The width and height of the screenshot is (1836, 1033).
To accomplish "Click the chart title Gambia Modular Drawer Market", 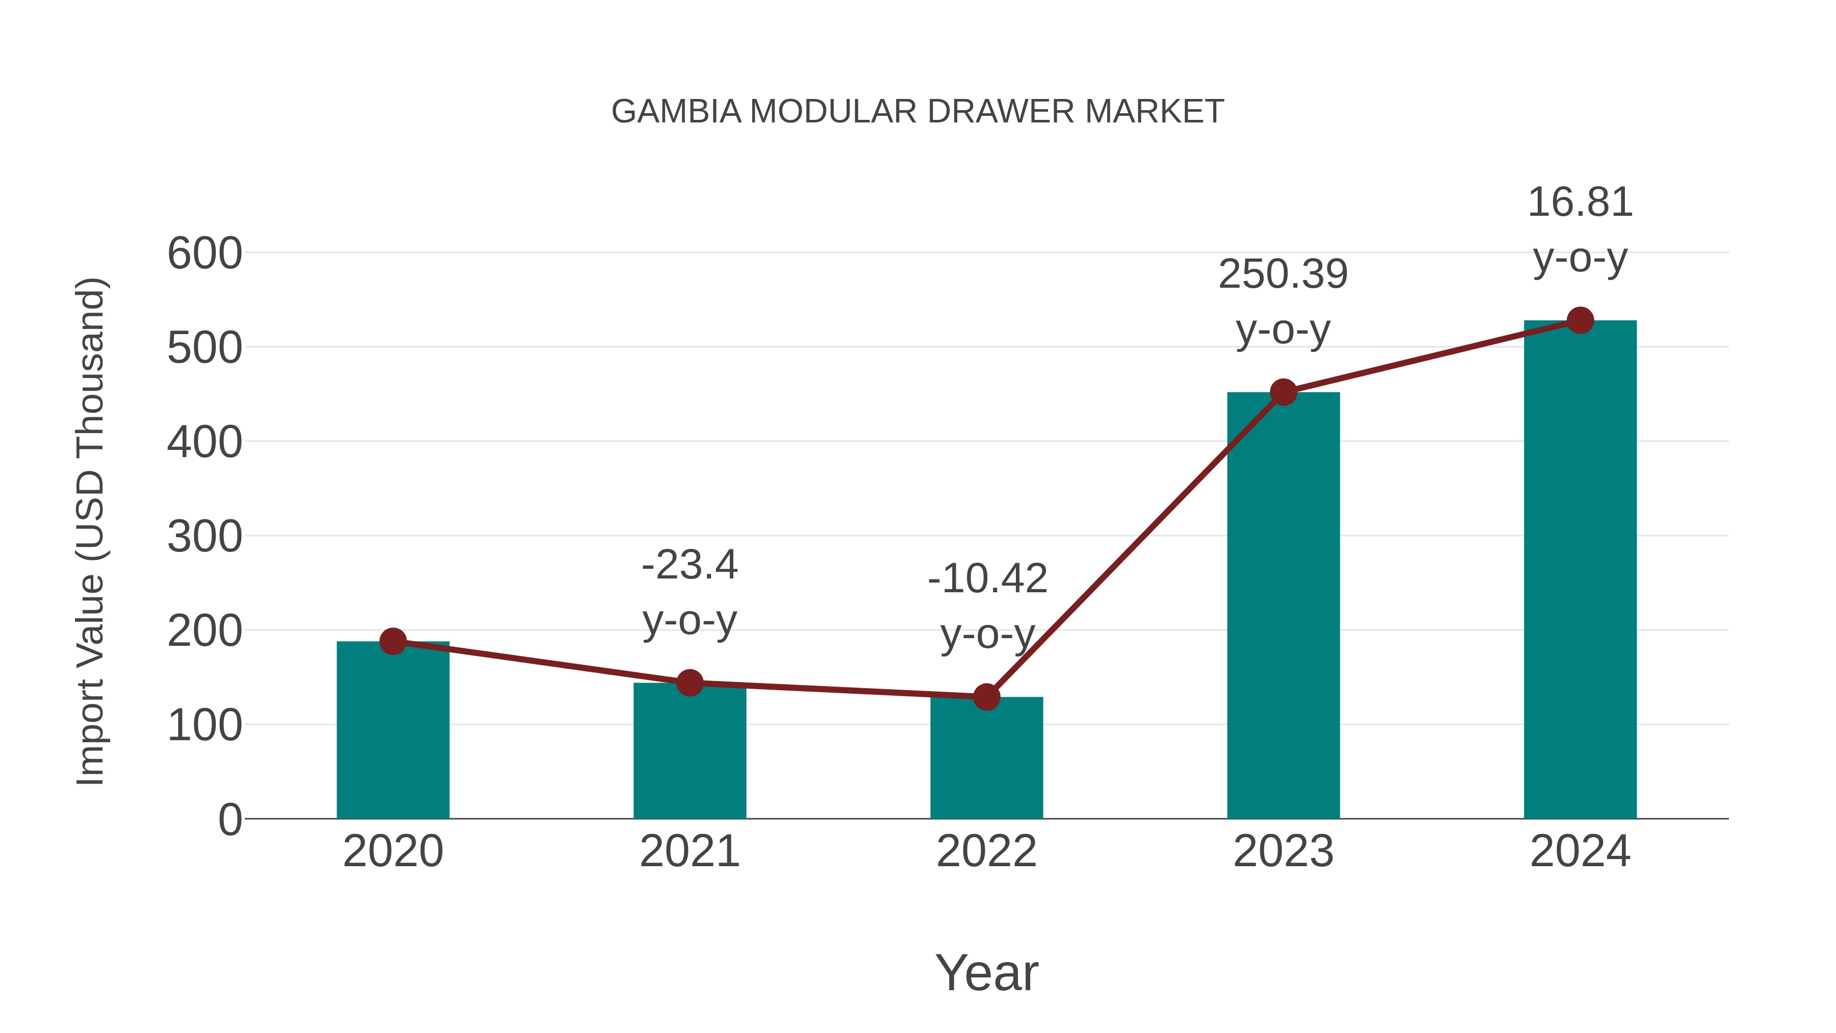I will coord(917,112).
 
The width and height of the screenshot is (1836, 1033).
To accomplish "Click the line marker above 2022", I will coord(986,696).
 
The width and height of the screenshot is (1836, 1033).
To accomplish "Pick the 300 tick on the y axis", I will coord(205,536).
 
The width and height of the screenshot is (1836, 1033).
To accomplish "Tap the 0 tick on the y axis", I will coord(229,819).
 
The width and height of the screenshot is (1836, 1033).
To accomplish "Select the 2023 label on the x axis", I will coord(1283,851).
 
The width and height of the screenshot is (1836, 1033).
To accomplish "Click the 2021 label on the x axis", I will coord(689,851).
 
